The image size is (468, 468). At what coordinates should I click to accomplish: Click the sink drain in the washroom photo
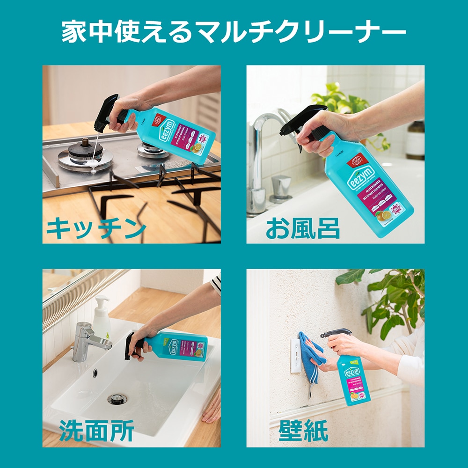tap(117, 399)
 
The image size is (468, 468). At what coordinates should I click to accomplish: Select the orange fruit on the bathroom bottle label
tap(385, 215)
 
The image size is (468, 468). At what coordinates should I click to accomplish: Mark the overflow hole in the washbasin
tap(95, 373)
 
